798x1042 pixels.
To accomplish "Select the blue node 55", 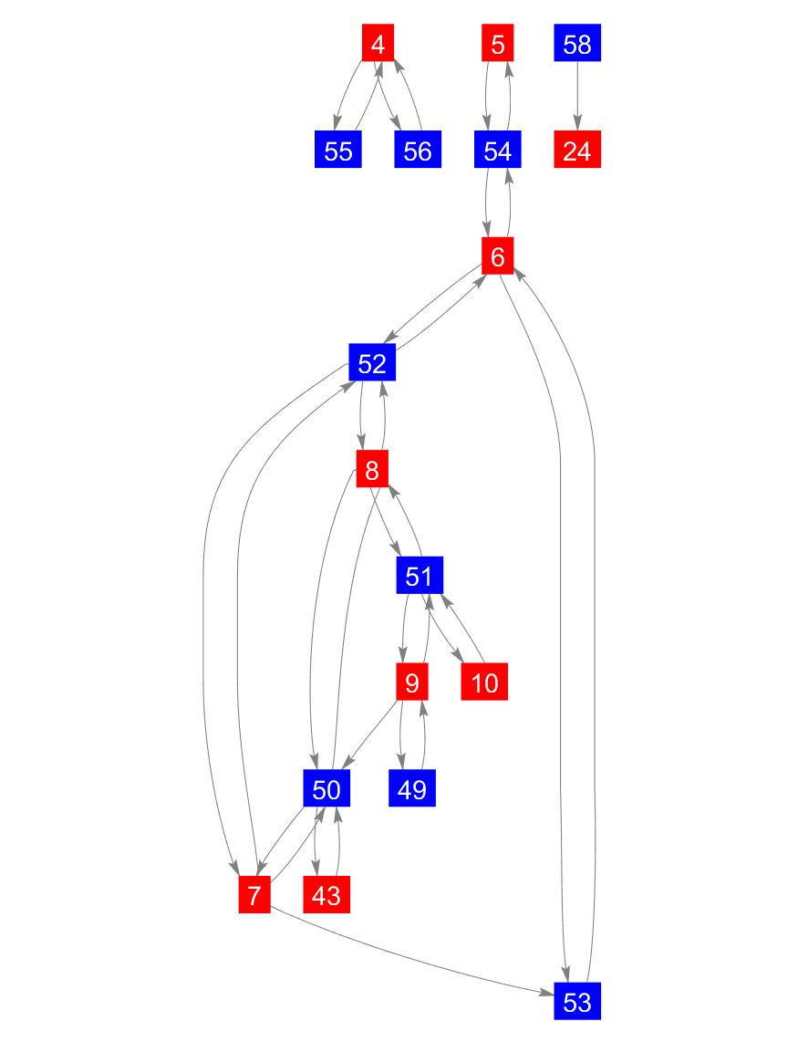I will [338, 151].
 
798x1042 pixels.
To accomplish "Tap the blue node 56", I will [418, 151].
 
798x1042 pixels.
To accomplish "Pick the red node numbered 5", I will [497, 44].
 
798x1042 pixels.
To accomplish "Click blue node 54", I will [497, 151].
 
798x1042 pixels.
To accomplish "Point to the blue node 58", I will [577, 44].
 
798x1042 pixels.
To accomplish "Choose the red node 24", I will [577, 151].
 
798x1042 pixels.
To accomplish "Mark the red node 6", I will [497, 257].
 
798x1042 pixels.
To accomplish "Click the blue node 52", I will [372, 364].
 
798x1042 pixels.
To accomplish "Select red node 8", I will [372, 471].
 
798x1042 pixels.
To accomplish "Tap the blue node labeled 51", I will [420, 577].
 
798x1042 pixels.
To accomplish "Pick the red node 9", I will [412, 683].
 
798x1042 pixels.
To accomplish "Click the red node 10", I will [485, 683].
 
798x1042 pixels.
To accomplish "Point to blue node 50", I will [326, 788].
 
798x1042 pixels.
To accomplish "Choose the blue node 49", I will [412, 788].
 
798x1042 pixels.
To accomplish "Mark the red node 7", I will [255, 895].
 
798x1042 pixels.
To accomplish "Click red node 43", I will [326, 895].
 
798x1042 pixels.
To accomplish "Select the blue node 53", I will [577, 1002].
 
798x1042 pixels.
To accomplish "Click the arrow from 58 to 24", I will [577, 97].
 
